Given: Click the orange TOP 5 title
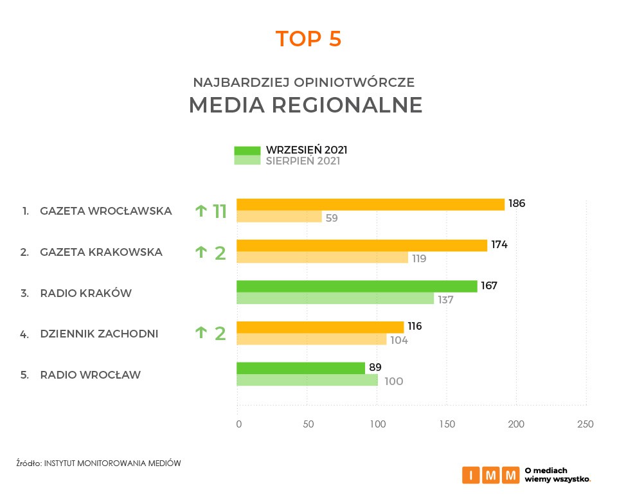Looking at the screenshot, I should tap(308, 39).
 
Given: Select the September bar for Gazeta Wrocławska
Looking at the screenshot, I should tap(370, 204).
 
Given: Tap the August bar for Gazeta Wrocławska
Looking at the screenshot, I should tap(279, 217).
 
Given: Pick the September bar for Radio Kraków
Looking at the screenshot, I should tap(357, 286).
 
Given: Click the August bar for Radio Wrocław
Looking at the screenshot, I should tap(307, 381).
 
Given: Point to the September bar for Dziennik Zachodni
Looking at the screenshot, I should tap(320, 327).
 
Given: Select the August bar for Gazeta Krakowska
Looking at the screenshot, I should tap(322, 258).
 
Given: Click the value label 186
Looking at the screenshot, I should tap(517, 204).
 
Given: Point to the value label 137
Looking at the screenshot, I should tap(445, 300).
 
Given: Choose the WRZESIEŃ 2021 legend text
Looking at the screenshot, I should tap(307, 150).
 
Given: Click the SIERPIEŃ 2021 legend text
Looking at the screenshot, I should tap(303, 161).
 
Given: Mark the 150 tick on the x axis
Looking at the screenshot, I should tap(447, 424).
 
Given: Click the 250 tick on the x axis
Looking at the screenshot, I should tap(586, 424).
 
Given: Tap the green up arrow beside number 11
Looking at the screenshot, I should tap(201, 210).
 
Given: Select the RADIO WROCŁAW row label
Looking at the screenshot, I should tap(90, 375).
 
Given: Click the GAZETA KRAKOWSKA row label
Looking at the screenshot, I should tap(101, 252).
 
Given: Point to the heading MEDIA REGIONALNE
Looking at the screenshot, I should tap(306, 105).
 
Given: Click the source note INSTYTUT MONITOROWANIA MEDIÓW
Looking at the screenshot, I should tap(112, 463).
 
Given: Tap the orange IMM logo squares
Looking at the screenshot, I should tap(490, 475).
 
